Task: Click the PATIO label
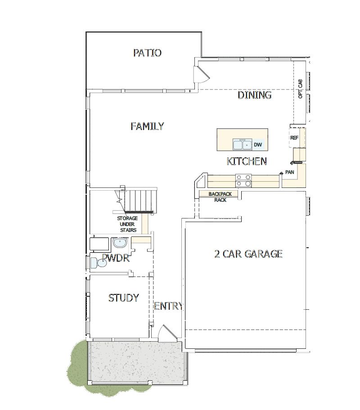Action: coord(147,53)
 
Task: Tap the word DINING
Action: coord(255,95)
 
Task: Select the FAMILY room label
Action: coord(147,126)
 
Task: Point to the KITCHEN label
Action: coord(247,161)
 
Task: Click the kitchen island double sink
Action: coord(242,145)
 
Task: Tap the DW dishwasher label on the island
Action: coord(258,145)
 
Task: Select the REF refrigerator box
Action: coord(295,138)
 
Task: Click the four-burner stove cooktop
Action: coord(243,180)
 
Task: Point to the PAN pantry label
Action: coord(289,172)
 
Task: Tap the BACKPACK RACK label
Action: coord(220,197)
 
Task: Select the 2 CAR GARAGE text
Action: coord(248,254)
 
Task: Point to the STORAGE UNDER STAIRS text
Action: coord(127,224)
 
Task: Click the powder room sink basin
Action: coord(120,244)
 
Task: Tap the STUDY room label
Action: coord(123,298)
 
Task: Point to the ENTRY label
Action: coord(168,307)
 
